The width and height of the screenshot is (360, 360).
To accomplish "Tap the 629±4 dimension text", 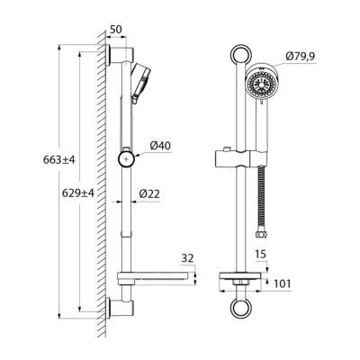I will coord(77,193).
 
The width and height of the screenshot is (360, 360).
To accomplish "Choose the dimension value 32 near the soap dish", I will coord(186,257).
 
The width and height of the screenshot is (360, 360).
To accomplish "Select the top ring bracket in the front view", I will coord(238,54).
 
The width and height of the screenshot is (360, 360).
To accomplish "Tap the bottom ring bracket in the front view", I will coord(238,308).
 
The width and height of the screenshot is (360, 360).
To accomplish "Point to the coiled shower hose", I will coord(262,207).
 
